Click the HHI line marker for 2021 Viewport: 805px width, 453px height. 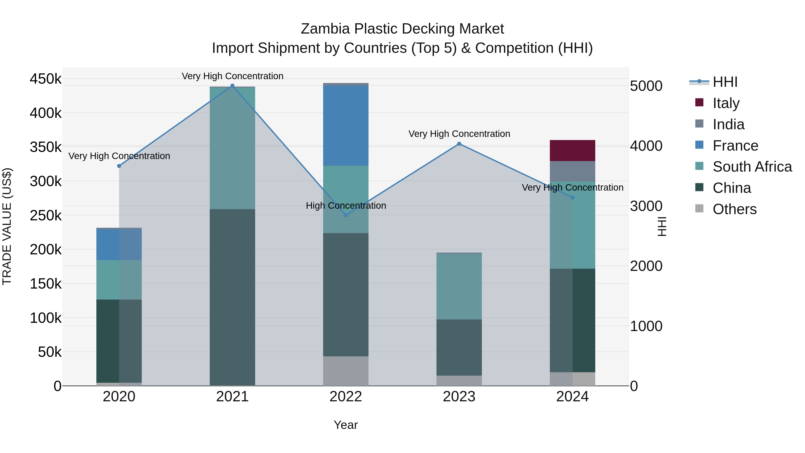232,86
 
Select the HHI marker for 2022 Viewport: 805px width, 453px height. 346,215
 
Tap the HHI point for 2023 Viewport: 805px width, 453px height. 459,144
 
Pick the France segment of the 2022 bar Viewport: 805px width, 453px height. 346,126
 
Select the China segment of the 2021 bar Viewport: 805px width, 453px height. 232,297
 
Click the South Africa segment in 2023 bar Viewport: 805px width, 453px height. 459,286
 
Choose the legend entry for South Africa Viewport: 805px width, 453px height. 752,167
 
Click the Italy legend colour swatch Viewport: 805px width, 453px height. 699,102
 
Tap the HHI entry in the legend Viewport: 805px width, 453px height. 725,82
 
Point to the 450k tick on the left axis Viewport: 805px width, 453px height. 46,79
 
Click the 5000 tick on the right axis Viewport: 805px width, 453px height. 646,86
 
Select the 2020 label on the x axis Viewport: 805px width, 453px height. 119,397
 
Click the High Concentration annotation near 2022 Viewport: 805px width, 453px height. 346,205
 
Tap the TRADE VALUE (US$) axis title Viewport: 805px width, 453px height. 7,226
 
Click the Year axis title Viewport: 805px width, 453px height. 346,425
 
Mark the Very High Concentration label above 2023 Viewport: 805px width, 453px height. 459,134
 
